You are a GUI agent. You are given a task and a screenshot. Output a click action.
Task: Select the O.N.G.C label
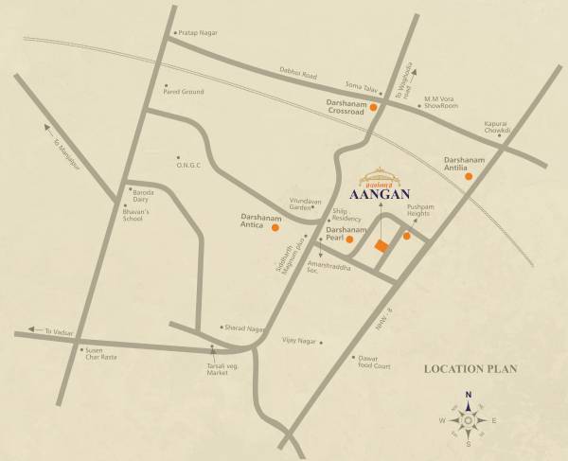[191, 164]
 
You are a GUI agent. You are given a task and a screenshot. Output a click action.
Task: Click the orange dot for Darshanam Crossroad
[374, 108]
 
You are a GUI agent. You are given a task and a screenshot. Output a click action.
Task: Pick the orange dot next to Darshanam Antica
[275, 227]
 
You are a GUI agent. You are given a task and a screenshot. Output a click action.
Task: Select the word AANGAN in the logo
[379, 196]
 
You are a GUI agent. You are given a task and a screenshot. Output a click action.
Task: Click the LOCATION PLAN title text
[470, 368]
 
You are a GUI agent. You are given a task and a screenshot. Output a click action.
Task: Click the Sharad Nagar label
[244, 328]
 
